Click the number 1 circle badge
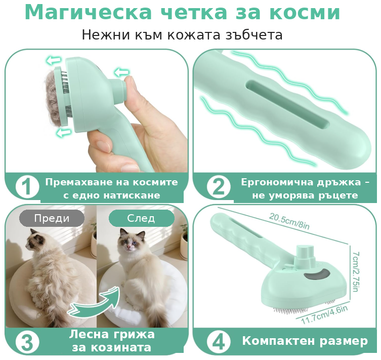click(x=27, y=187)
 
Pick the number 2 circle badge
click(x=219, y=187)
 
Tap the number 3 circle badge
click(x=27, y=342)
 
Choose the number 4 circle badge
click(x=219, y=342)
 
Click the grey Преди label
click(x=52, y=218)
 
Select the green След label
click(x=141, y=218)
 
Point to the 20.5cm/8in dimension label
click(x=289, y=221)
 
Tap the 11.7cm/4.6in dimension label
click(x=324, y=315)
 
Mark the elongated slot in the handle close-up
click(x=287, y=104)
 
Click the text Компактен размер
click(x=305, y=341)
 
